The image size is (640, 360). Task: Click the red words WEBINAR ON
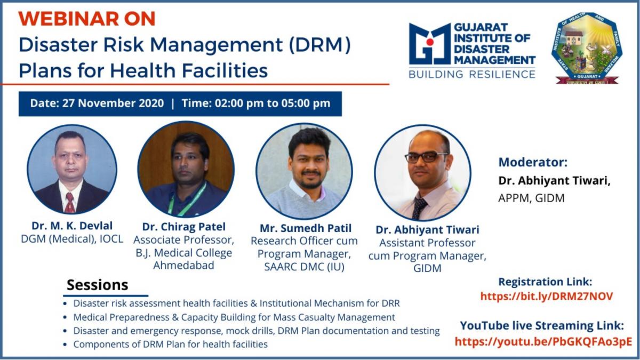click(87, 19)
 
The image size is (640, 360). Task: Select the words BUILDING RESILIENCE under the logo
click(472, 74)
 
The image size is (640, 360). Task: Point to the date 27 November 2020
click(113, 103)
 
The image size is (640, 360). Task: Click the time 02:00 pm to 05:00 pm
click(273, 103)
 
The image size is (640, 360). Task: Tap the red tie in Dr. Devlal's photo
click(70, 203)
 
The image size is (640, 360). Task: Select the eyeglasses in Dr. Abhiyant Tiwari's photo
click(426, 157)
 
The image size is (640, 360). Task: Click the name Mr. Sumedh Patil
click(306, 228)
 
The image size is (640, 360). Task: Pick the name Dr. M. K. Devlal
click(72, 226)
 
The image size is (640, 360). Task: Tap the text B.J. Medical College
click(183, 253)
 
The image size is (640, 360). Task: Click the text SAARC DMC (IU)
click(304, 267)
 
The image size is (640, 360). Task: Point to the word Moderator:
click(533, 162)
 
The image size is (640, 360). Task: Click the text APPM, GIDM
click(531, 198)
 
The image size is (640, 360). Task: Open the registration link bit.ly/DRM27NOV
click(547, 297)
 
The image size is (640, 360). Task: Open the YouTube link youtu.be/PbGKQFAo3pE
click(543, 342)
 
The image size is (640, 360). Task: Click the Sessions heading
click(98, 285)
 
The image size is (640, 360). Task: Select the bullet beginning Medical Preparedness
click(234, 317)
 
